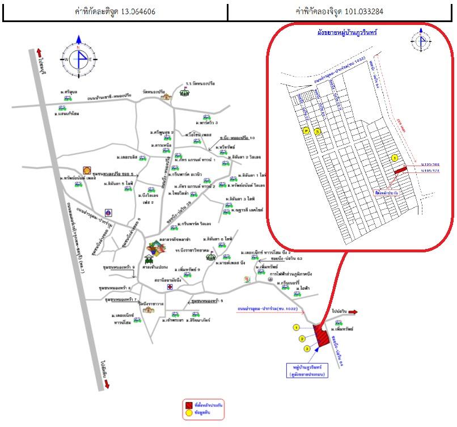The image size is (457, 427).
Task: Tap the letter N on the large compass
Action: (79, 46)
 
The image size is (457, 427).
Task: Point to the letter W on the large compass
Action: (66, 59)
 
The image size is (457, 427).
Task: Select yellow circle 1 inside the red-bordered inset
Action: (395, 157)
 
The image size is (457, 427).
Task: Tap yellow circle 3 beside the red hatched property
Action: (307, 348)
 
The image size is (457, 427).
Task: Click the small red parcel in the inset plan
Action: (400, 169)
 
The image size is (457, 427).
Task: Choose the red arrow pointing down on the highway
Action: (107, 384)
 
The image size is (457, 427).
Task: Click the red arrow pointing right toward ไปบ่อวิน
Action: (352, 312)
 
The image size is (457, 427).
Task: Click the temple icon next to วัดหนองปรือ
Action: (166, 97)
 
